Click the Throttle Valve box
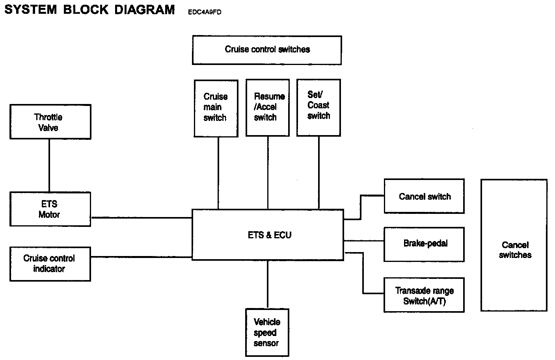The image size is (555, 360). coord(50,122)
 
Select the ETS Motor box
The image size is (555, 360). coord(50,209)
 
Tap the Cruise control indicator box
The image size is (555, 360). coord(50,264)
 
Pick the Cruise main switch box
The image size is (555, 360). coord(216,108)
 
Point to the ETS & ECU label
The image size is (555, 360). coord(270,235)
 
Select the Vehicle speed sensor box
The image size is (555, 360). coord(267,332)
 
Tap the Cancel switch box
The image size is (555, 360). coord(424,196)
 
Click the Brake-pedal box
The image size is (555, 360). coord(424,244)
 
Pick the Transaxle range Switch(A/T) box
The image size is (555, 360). coord(424,295)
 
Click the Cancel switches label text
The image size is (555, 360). coord(515,250)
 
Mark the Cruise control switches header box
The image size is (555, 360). coord(267,50)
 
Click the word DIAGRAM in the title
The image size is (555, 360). coord(144,9)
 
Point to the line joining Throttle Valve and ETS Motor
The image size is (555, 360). coord(49,165)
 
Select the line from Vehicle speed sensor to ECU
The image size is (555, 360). coord(268,284)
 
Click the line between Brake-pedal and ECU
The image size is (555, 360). coord(364,241)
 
